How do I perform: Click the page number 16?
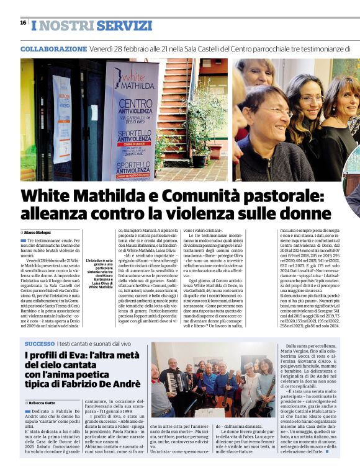pos(23,22)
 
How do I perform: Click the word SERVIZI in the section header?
pos(124,26)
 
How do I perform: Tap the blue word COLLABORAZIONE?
pos(53,48)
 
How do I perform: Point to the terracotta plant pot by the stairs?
pos(199,160)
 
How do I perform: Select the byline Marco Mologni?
pos(40,232)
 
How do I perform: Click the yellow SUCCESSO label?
pos(40,343)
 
